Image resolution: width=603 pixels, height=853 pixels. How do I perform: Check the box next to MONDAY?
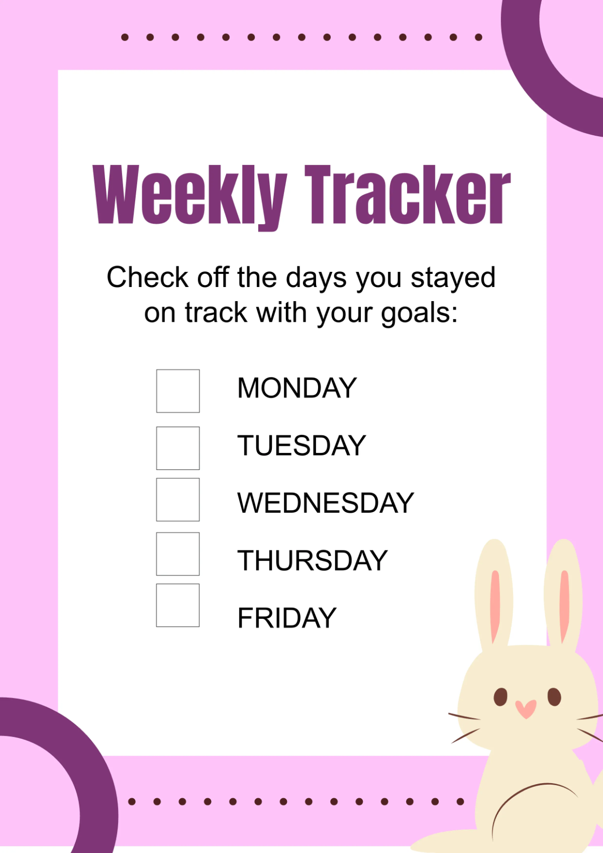coord(178,391)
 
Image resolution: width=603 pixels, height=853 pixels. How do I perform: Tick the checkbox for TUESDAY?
coord(178,448)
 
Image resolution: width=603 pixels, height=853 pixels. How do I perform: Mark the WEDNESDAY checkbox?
coord(178,499)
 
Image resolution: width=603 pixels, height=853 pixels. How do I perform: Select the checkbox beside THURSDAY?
coord(178,554)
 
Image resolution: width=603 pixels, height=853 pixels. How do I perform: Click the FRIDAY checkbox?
coord(178,605)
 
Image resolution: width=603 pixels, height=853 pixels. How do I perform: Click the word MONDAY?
coord(297,388)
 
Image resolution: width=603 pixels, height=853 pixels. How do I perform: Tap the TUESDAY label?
coord(301,445)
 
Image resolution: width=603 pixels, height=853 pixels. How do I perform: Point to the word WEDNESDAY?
coord(326,503)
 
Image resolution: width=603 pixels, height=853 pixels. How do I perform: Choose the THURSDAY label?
coord(313,560)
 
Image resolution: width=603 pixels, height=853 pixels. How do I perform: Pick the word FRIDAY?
coord(287,618)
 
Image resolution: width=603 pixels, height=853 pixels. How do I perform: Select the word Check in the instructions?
coord(147,277)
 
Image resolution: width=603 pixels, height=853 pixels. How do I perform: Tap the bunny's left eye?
coord(500,697)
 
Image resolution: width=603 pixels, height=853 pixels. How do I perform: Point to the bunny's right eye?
coord(554,697)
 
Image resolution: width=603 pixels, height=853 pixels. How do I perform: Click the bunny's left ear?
coord(494,594)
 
